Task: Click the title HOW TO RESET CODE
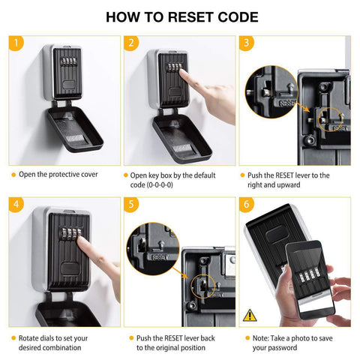tap(179, 17)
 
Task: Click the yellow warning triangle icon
tap(250, 314)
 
